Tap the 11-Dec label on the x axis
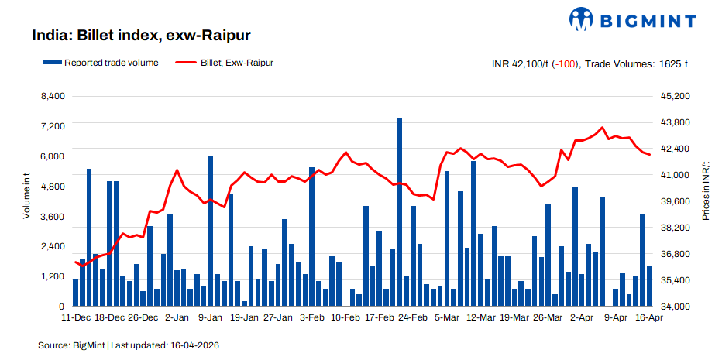point(77,318)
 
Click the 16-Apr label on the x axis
point(649,318)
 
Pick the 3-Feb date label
point(312,318)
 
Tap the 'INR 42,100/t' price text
point(520,64)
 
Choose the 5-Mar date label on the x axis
point(446,318)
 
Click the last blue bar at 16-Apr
point(649,286)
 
